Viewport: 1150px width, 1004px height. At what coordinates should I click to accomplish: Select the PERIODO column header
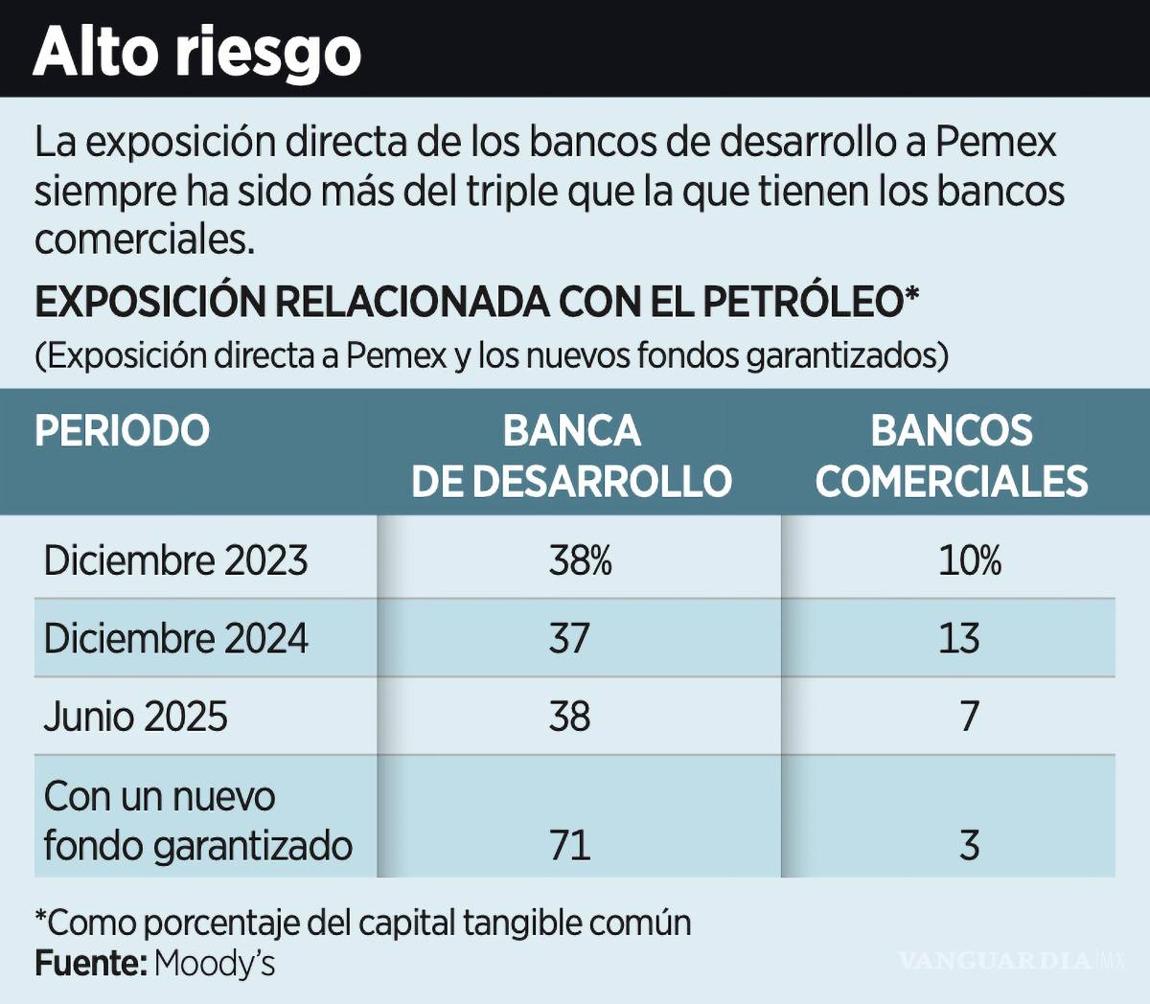click(x=122, y=431)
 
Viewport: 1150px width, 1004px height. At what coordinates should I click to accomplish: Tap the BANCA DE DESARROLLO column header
click(x=571, y=456)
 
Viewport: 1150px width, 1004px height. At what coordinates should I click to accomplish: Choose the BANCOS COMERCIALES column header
click(x=951, y=456)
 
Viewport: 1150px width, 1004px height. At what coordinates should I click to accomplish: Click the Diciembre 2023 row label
click(x=175, y=560)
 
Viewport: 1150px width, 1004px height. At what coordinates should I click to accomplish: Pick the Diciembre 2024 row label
click(x=175, y=639)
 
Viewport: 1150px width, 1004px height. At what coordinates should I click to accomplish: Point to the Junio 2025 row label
click(x=135, y=717)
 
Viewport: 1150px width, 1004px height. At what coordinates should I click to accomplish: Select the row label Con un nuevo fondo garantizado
click(x=197, y=821)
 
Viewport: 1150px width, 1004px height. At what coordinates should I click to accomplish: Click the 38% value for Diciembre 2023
click(x=580, y=560)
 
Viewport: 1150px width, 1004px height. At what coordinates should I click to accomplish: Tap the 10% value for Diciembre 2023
click(x=969, y=560)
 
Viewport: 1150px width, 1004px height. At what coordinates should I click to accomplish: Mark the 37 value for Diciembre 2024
click(x=569, y=639)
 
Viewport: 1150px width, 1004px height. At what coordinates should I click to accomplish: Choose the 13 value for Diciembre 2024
click(x=958, y=639)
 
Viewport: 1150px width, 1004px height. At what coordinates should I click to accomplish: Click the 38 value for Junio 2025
click(x=569, y=717)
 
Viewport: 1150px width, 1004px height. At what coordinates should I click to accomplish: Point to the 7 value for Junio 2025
click(x=969, y=717)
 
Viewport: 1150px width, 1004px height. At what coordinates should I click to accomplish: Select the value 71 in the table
click(x=569, y=845)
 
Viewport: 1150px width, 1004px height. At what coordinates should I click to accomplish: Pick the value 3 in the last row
click(x=969, y=845)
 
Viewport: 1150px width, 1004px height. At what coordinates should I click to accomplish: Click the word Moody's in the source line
click(x=214, y=963)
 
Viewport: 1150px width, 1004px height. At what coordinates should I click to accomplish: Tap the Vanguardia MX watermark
click(x=1011, y=960)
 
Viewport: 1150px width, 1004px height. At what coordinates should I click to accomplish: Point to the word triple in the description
click(x=512, y=191)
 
